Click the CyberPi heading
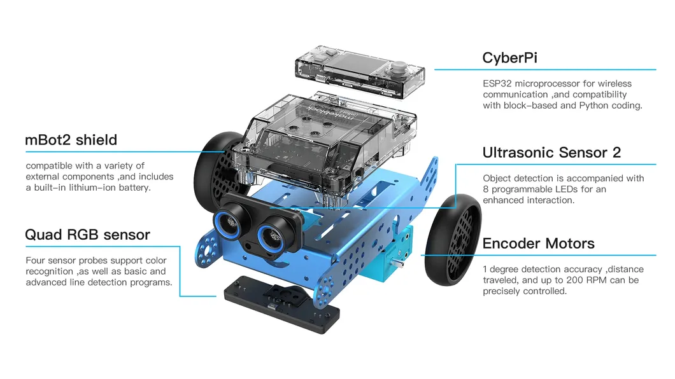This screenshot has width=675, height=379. (x=509, y=58)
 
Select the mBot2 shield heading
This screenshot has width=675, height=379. (x=71, y=140)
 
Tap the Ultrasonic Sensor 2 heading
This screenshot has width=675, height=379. (x=551, y=153)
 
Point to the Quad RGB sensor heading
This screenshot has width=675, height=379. (x=87, y=235)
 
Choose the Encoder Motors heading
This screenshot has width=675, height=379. (x=538, y=244)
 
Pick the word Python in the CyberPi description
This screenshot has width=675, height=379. (x=594, y=106)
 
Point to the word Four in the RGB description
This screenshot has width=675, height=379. (x=36, y=261)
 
